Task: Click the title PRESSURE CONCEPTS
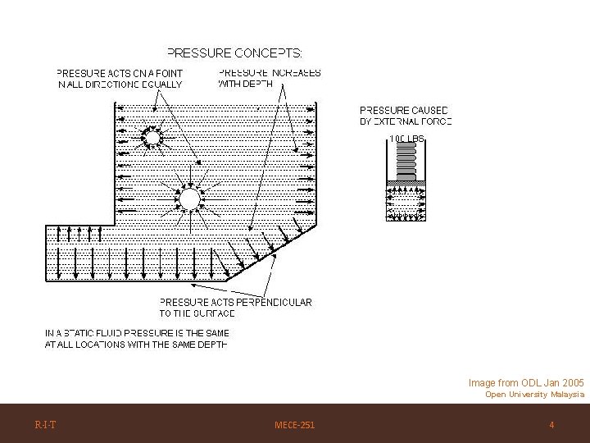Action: click(234, 53)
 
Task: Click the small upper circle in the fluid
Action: click(152, 136)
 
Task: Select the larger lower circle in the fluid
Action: click(189, 199)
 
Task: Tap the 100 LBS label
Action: click(406, 139)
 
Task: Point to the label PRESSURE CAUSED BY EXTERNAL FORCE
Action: click(406, 116)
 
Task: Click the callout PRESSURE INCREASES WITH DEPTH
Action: click(269, 78)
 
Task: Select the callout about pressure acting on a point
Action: click(120, 78)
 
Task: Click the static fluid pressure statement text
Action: click(137, 339)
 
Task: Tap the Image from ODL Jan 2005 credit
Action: click(525, 382)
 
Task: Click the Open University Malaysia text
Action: click(534, 395)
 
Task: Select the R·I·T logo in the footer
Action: click(45, 425)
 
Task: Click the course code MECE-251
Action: click(294, 425)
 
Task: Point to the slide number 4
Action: click(551, 425)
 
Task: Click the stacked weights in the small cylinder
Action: click(406, 162)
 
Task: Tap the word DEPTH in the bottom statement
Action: click(211, 345)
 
